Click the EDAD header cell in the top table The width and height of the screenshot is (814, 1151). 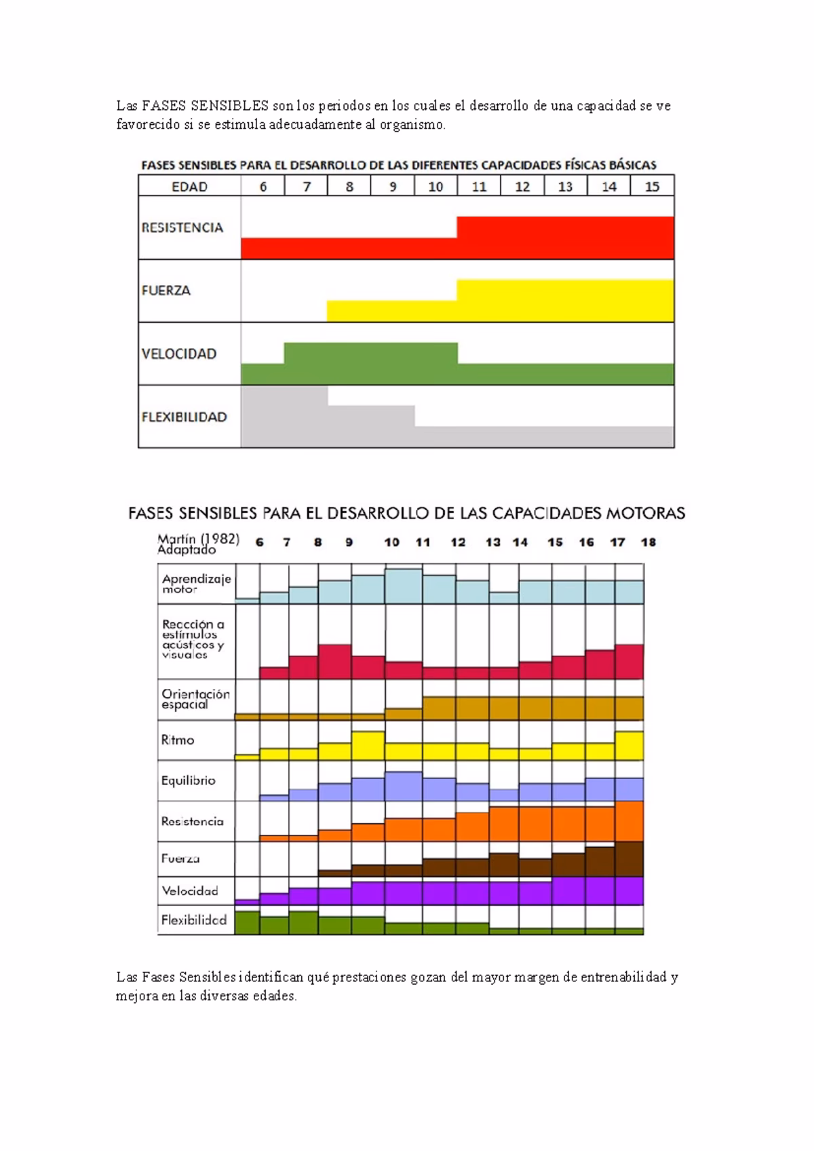189,187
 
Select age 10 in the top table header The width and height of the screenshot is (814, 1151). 435,187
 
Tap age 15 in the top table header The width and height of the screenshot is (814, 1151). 652,187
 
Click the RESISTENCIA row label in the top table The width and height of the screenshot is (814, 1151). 182,228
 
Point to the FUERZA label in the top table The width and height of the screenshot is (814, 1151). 166,290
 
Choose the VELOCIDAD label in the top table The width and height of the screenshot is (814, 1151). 179,354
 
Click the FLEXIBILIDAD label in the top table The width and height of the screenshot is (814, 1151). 184,417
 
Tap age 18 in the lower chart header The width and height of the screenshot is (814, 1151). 648,542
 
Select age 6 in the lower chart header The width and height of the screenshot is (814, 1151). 260,542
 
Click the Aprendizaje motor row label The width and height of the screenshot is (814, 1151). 196,584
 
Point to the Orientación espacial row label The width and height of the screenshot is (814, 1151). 195,699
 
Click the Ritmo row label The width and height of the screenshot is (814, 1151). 178,740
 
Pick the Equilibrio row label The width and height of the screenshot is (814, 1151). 188,780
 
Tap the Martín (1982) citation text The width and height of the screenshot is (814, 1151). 198,539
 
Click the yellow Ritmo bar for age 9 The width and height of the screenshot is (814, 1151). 368,745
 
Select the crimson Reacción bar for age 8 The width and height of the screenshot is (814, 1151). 334,662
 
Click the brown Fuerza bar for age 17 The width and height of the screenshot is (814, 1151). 629,858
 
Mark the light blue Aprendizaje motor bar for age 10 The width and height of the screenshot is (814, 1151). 404,586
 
